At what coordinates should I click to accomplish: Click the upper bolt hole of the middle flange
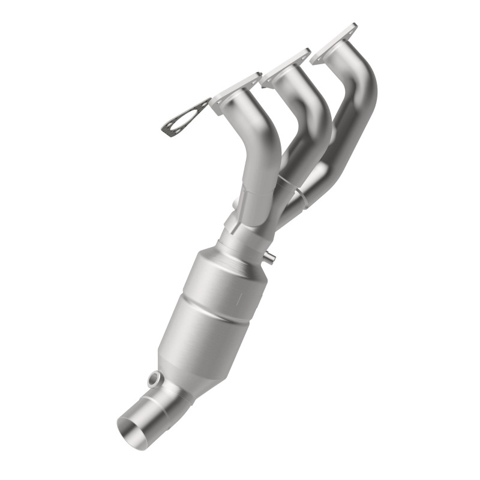(305, 53)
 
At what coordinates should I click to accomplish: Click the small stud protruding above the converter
(271, 258)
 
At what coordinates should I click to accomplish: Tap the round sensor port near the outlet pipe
(155, 379)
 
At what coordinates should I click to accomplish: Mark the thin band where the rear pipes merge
(303, 195)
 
